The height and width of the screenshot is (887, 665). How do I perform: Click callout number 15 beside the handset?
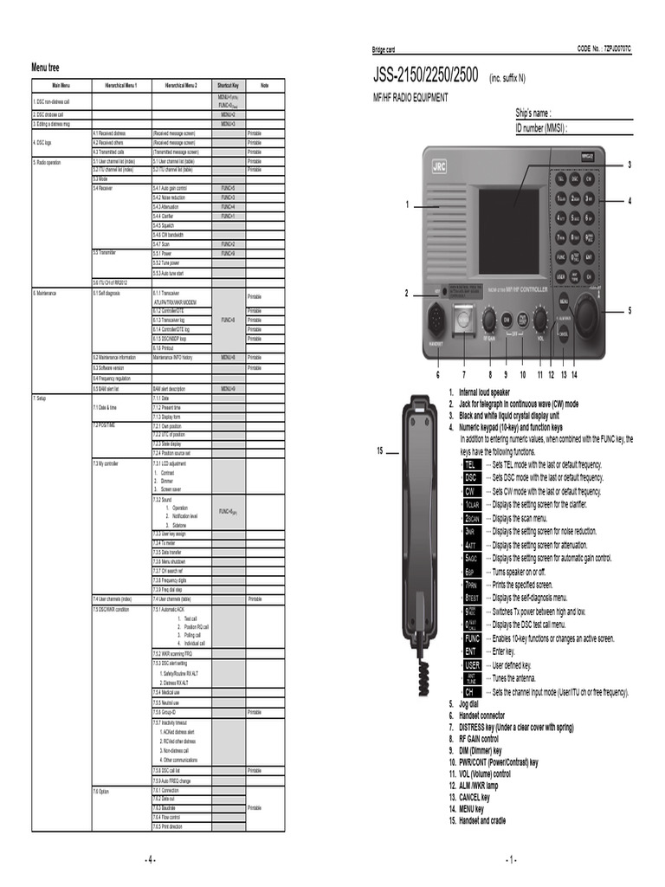[x=380, y=450]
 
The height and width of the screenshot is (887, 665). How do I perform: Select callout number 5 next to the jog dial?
[x=629, y=310]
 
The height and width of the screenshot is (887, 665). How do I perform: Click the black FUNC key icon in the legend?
[x=472, y=638]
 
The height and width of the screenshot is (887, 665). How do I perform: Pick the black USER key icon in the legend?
[x=472, y=665]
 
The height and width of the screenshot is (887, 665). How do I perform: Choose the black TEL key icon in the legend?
[x=471, y=464]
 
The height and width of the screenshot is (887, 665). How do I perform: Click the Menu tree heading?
[x=46, y=68]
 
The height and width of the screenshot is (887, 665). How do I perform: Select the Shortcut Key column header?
[x=228, y=86]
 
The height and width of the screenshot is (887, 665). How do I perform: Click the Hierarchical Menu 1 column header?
[x=121, y=86]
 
